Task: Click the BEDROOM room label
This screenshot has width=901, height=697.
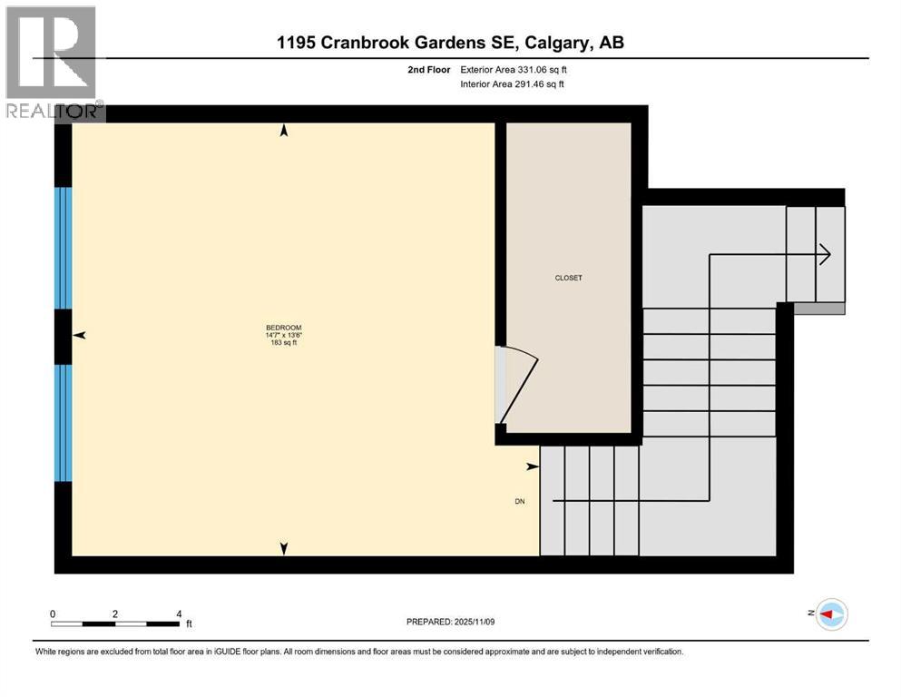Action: tap(283, 328)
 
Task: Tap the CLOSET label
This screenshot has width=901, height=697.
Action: tap(569, 278)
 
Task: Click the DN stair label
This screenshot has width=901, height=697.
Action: tap(519, 501)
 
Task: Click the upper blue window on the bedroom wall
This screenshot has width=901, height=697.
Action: tap(63, 248)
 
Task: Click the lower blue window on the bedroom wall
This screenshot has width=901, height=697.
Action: tap(63, 422)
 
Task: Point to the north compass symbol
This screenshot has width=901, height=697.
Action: tap(830, 614)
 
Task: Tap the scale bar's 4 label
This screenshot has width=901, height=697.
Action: tap(179, 614)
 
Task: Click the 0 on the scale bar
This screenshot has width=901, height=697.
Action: tap(53, 614)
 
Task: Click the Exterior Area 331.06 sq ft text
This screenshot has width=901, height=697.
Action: tap(514, 69)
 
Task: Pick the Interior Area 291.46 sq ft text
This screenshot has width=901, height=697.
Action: tap(512, 84)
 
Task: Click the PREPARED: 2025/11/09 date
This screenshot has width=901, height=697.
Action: tap(450, 622)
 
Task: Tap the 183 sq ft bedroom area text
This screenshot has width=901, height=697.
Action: tap(283, 343)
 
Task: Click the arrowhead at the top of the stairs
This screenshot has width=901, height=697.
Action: tap(824, 255)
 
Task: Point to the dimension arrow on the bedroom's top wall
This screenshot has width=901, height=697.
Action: tap(284, 132)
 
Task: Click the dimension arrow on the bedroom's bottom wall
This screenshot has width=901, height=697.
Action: tap(284, 548)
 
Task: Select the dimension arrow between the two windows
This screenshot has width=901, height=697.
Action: tap(80, 336)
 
